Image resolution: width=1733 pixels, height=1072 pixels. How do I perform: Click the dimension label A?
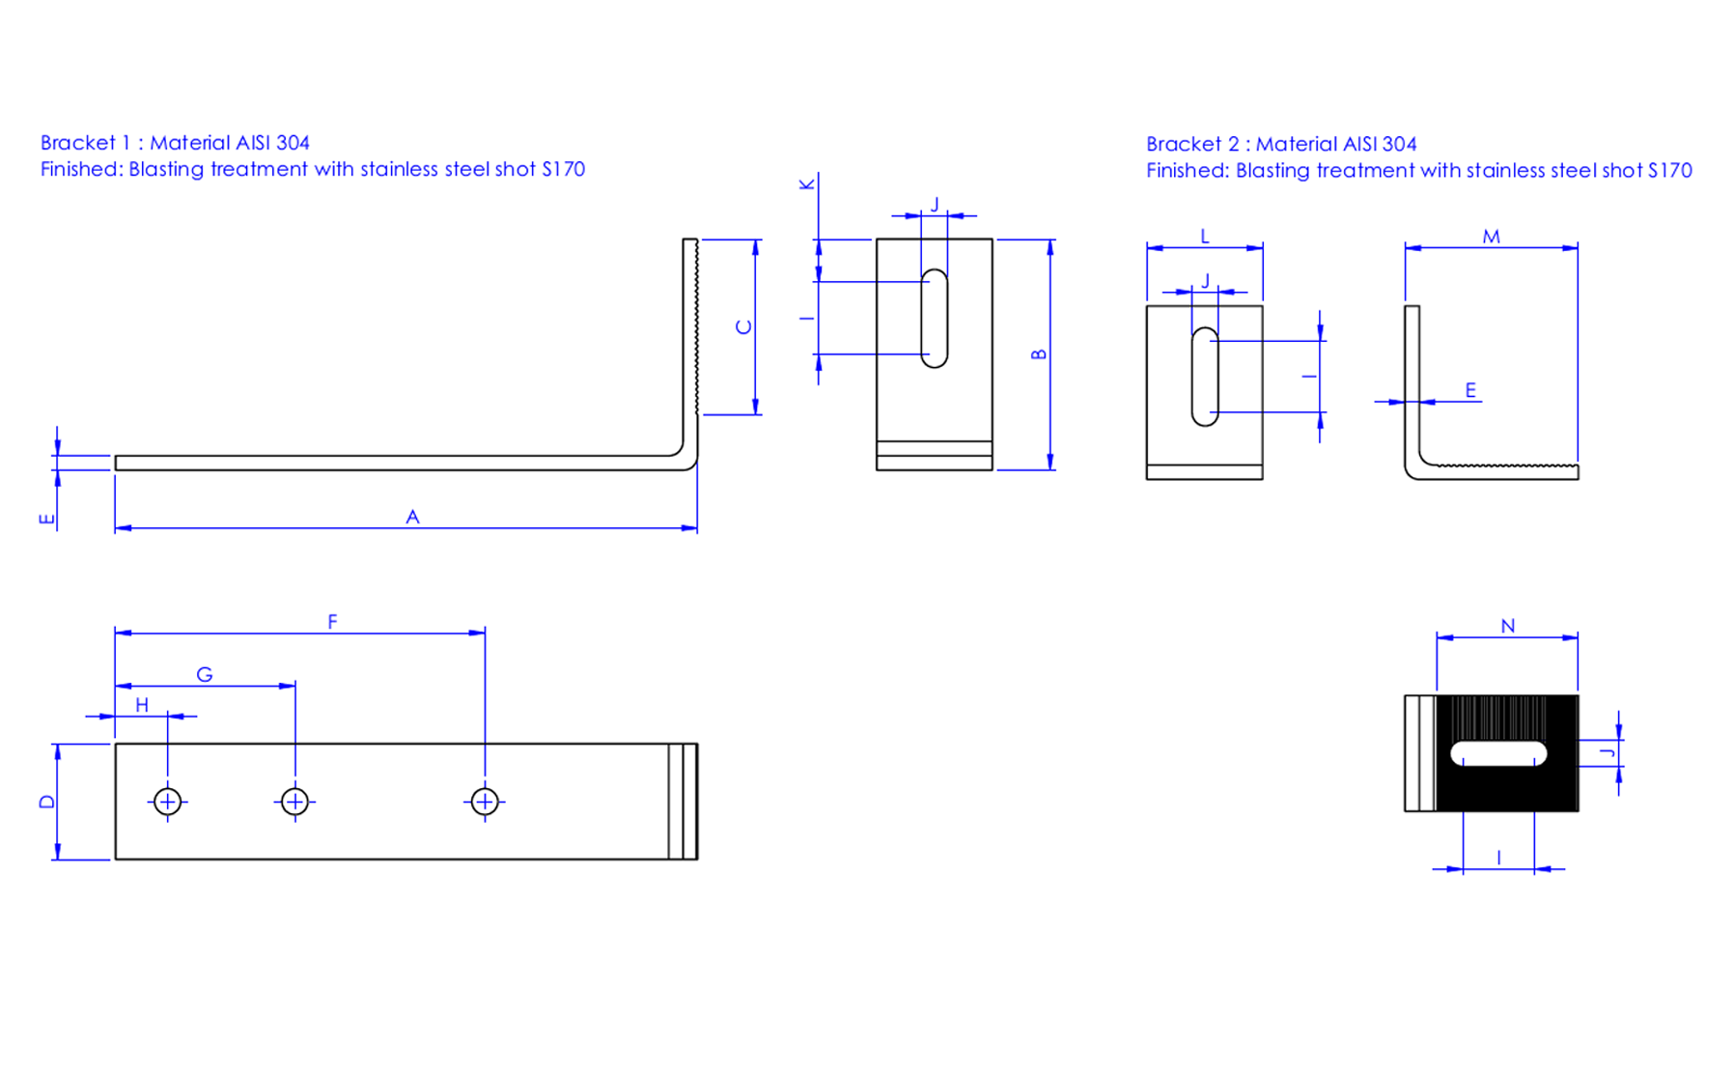(x=412, y=517)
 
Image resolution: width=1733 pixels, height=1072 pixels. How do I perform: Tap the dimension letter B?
(x=1039, y=354)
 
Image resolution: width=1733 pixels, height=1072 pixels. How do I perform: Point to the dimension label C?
(x=743, y=327)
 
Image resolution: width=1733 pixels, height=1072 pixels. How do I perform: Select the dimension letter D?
(x=46, y=802)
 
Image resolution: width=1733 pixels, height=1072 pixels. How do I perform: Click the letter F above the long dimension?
(x=332, y=622)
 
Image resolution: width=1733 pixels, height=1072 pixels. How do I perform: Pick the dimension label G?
(x=205, y=674)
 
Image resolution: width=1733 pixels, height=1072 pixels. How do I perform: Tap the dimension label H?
(x=142, y=705)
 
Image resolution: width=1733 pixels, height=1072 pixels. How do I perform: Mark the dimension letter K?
(x=807, y=184)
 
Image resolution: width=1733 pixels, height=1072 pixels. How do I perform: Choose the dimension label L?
(x=1205, y=237)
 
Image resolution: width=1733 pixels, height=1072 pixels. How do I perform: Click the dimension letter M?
(x=1492, y=237)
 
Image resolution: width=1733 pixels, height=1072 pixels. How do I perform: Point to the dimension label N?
(x=1508, y=626)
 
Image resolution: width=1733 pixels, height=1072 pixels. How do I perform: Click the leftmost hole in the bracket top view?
(x=167, y=802)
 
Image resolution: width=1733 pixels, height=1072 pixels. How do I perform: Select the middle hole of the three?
(x=295, y=802)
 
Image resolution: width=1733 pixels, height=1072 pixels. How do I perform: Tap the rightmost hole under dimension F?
(x=485, y=802)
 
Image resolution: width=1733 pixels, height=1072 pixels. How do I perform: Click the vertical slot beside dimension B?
(x=935, y=319)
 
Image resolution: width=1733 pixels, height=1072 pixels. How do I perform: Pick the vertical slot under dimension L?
(x=1205, y=377)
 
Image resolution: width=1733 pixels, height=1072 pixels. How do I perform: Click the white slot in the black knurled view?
(x=1498, y=753)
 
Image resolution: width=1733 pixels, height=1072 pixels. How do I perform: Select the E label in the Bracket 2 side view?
(x=1470, y=390)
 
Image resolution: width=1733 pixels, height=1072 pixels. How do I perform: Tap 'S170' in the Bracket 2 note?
(x=1670, y=171)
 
